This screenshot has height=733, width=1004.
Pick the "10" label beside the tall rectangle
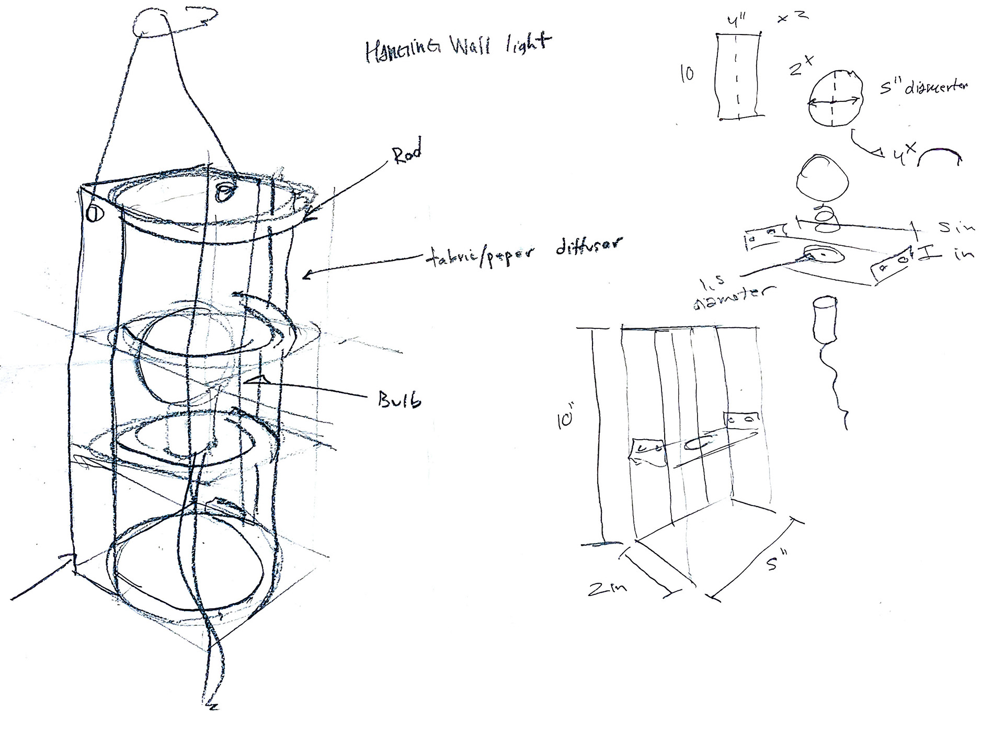pyautogui.click(x=687, y=74)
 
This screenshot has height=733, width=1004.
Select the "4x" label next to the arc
pyautogui.click(x=903, y=156)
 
